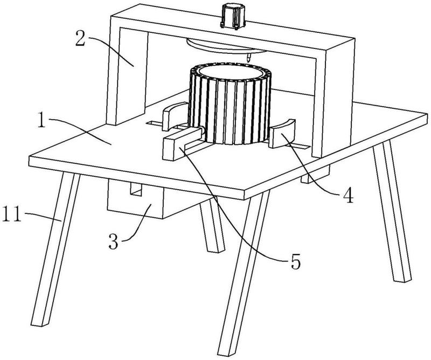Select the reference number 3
click(x=114, y=241)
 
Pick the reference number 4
click(x=349, y=194)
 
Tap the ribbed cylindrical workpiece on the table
click(x=228, y=108)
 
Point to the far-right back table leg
click(x=392, y=216)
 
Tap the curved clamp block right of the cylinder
click(x=281, y=135)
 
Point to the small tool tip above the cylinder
click(x=248, y=57)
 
